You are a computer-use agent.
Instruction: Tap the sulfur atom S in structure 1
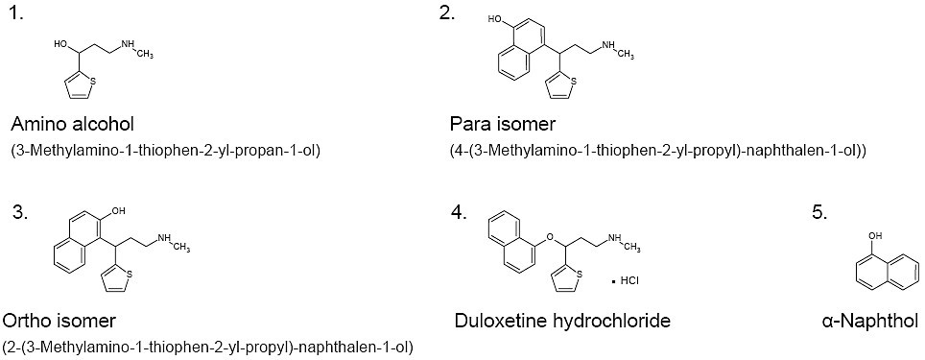[91, 81]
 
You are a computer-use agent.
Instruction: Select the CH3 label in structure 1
[145, 55]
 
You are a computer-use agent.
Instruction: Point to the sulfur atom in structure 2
[573, 82]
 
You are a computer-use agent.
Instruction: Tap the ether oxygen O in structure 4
[550, 237]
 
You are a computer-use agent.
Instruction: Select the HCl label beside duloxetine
[629, 281]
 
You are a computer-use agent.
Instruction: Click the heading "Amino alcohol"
[73, 125]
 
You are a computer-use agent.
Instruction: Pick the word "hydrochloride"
[610, 321]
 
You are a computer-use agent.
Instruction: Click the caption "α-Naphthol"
[869, 321]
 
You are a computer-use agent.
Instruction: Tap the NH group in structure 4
[615, 237]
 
